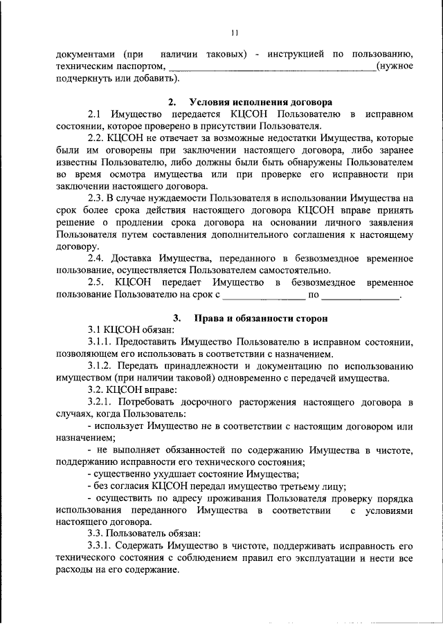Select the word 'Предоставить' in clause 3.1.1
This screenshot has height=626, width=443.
tap(145, 342)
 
